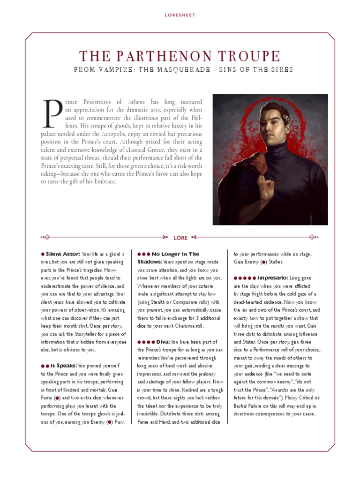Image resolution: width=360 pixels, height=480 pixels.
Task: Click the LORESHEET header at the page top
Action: tap(180, 15)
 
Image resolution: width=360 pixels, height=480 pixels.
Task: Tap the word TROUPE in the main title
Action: tap(248, 57)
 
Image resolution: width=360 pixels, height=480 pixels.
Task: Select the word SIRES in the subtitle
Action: tap(280, 70)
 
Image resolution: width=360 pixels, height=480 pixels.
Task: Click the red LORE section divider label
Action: tap(180, 238)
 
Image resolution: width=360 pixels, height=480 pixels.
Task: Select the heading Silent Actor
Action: tap(63, 254)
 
